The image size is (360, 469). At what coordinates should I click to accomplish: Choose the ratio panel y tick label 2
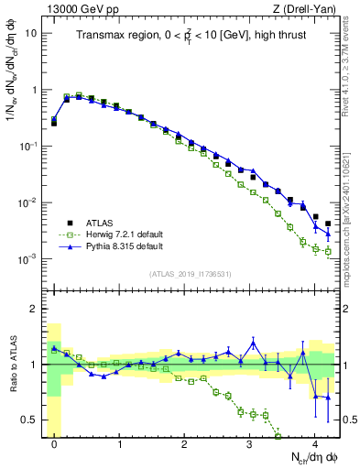(x=33, y=309)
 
